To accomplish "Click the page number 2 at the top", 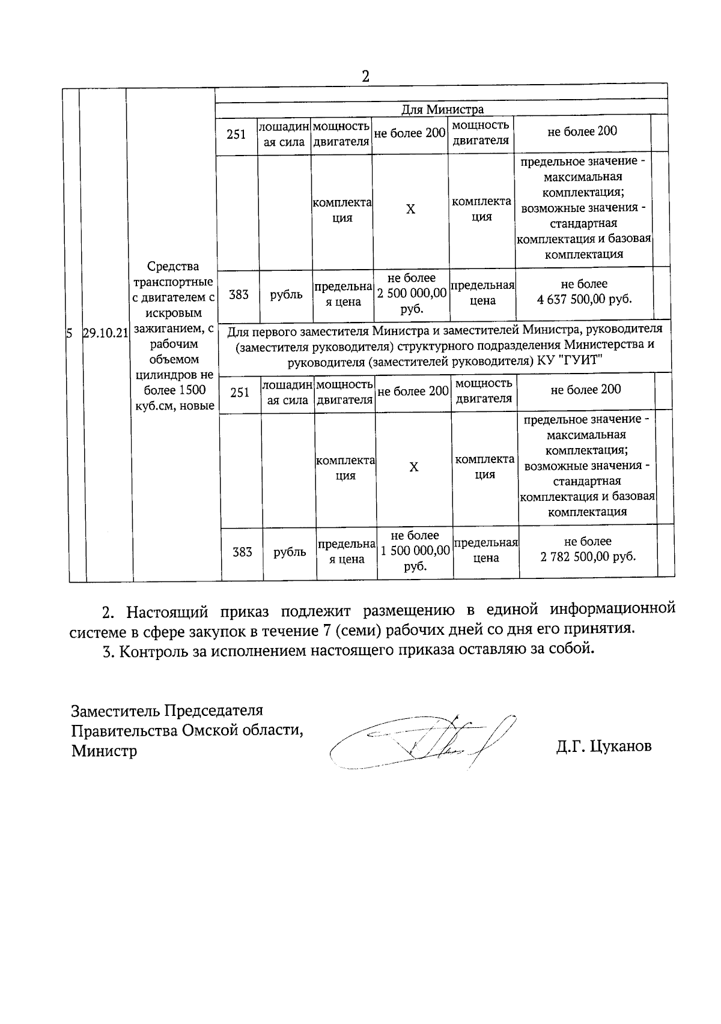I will [365, 77].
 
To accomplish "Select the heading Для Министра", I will [442, 109].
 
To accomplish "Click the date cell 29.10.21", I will [106, 333].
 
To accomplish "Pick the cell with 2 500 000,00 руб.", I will [412, 293].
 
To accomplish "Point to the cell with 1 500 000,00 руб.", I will [415, 551].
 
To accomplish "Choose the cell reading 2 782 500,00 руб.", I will [588, 550].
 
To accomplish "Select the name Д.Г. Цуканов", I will [603, 747].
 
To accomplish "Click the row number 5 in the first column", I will [69, 333].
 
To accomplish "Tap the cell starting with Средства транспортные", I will [174, 336].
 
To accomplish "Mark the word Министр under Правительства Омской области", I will [104, 751].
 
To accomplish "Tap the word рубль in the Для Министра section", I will [286, 294].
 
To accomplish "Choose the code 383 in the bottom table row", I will [242, 552].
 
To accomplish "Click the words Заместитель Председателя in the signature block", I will [167, 710].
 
